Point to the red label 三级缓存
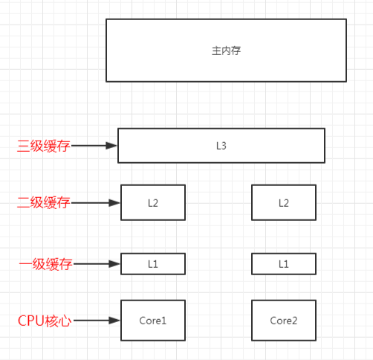[44, 146]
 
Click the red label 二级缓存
[44, 202]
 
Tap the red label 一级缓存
[44, 264]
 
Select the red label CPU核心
[45, 321]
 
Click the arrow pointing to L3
[94, 146]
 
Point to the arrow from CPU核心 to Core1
[97, 321]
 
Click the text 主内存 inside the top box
[226, 51]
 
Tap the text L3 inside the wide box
[221, 146]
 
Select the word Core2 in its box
[283, 321]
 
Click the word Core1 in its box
[153, 321]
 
